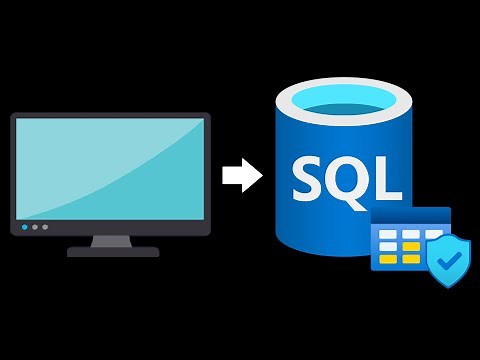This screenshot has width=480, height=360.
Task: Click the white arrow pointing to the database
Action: [241, 176]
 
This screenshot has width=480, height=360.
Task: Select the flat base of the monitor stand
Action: [113, 252]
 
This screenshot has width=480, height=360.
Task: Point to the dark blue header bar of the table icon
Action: [410, 216]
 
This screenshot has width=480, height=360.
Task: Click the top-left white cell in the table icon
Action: [387, 233]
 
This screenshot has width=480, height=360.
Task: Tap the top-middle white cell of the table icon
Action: [410, 233]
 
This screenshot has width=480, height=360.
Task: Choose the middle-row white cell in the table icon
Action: [387, 247]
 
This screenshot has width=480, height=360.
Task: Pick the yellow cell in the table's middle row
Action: [410, 247]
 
